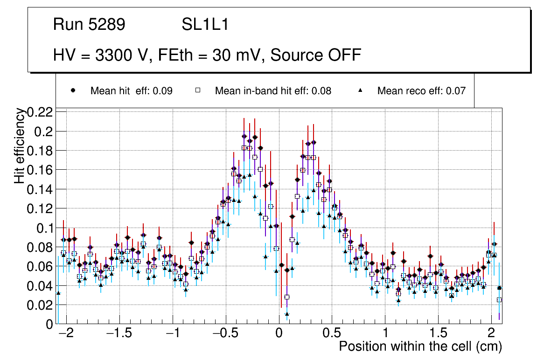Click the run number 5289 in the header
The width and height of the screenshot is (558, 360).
coord(106,25)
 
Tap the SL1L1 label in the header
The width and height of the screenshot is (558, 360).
coord(205,25)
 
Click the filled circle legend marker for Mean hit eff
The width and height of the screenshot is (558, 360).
coord(73,90)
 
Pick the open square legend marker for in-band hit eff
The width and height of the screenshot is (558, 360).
coord(198,90)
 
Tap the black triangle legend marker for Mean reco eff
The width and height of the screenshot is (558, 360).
coord(360,90)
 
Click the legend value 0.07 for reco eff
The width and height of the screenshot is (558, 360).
coord(456,91)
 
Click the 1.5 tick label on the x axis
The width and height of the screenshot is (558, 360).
coord(438,333)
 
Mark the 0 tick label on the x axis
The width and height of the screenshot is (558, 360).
coord(279,333)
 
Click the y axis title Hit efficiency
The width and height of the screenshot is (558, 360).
coord(20,145)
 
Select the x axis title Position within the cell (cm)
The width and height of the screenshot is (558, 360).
coord(420,346)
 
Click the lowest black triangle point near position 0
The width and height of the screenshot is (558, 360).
coord(287,314)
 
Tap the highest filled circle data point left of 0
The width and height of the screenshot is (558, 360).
coord(244,137)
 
